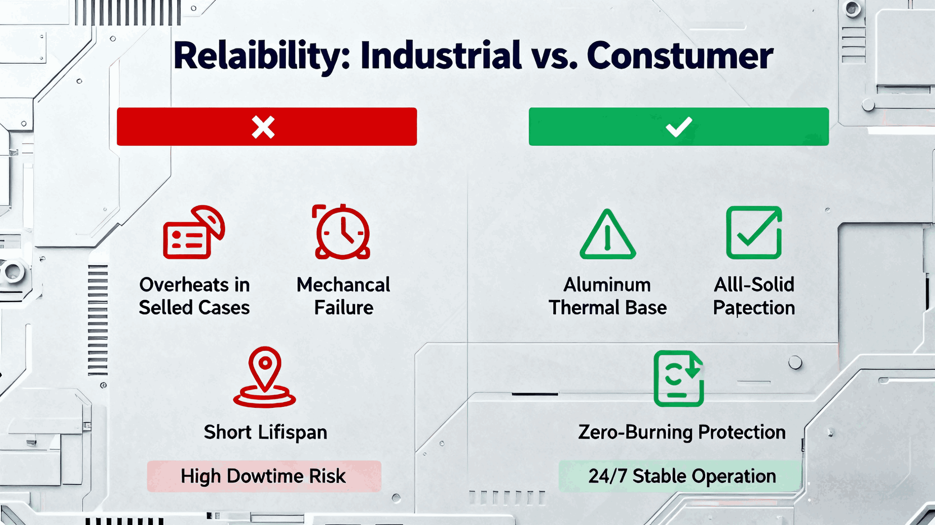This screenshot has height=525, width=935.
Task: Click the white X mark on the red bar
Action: [263, 127]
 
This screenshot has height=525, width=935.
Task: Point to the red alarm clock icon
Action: [342, 232]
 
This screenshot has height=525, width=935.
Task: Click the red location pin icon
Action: [265, 377]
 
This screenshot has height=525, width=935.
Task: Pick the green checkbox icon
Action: [754, 233]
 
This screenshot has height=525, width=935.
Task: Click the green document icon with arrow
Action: [679, 378]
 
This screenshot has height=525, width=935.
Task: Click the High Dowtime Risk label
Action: [264, 476]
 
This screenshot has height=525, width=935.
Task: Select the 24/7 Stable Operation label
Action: [682, 476]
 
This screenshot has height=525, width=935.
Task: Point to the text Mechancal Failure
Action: [344, 296]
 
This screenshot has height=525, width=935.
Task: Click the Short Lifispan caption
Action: [265, 433]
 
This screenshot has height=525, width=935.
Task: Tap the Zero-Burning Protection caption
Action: [682, 433]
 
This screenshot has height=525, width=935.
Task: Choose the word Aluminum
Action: [607, 285]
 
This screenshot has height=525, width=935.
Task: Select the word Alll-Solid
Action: [754, 285]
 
